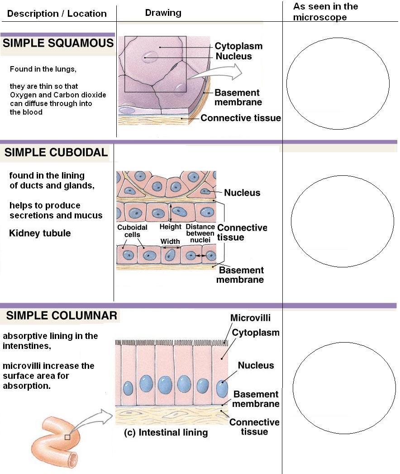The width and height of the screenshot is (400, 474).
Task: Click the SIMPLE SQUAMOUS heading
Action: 58,44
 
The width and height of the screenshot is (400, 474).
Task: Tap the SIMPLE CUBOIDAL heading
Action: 56,153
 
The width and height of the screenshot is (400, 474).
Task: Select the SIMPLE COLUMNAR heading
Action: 62,315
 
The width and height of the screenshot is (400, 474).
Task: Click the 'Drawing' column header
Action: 163,13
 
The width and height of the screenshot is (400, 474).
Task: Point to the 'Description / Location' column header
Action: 57,14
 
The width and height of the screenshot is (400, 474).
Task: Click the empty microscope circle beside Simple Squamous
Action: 338,84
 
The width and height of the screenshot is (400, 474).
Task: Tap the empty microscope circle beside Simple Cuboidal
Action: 339,221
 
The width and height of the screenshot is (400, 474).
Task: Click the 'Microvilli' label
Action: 250,318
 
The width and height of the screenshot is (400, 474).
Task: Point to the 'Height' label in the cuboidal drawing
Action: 171,227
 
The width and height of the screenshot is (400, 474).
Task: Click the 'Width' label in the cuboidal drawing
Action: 170,242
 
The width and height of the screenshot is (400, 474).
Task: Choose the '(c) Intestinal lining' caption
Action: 166,432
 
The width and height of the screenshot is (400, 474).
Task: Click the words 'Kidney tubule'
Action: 40,233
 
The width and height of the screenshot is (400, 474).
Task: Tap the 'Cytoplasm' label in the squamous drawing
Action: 238,46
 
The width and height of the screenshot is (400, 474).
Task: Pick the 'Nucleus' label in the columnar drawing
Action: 256,365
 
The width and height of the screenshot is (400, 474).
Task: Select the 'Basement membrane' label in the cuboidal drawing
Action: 240,275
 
